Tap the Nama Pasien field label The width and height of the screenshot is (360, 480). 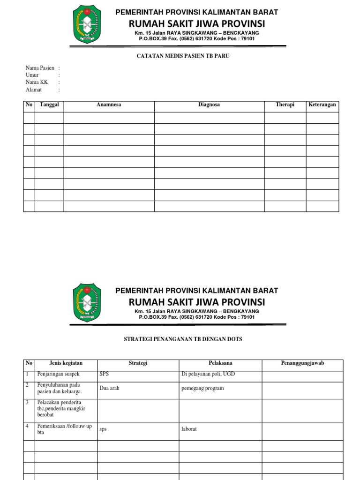(x=40, y=68)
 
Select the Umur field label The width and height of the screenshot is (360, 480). (x=32, y=75)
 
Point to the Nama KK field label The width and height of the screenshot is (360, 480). (x=37, y=82)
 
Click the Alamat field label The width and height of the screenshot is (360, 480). (x=34, y=90)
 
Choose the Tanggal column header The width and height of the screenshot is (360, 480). (x=49, y=105)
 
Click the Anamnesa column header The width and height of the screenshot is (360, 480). (x=109, y=105)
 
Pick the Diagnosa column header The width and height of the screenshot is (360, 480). (x=209, y=105)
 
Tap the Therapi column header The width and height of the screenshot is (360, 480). (x=285, y=105)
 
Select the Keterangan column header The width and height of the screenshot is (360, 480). (x=322, y=105)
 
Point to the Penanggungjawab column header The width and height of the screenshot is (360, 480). (x=302, y=363)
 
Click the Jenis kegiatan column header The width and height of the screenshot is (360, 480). (x=66, y=363)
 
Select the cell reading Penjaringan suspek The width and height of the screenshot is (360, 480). (x=59, y=375)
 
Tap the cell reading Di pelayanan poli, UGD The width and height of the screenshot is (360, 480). (x=207, y=375)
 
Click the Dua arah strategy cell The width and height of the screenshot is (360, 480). (x=110, y=389)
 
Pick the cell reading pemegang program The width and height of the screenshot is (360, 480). (x=202, y=389)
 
